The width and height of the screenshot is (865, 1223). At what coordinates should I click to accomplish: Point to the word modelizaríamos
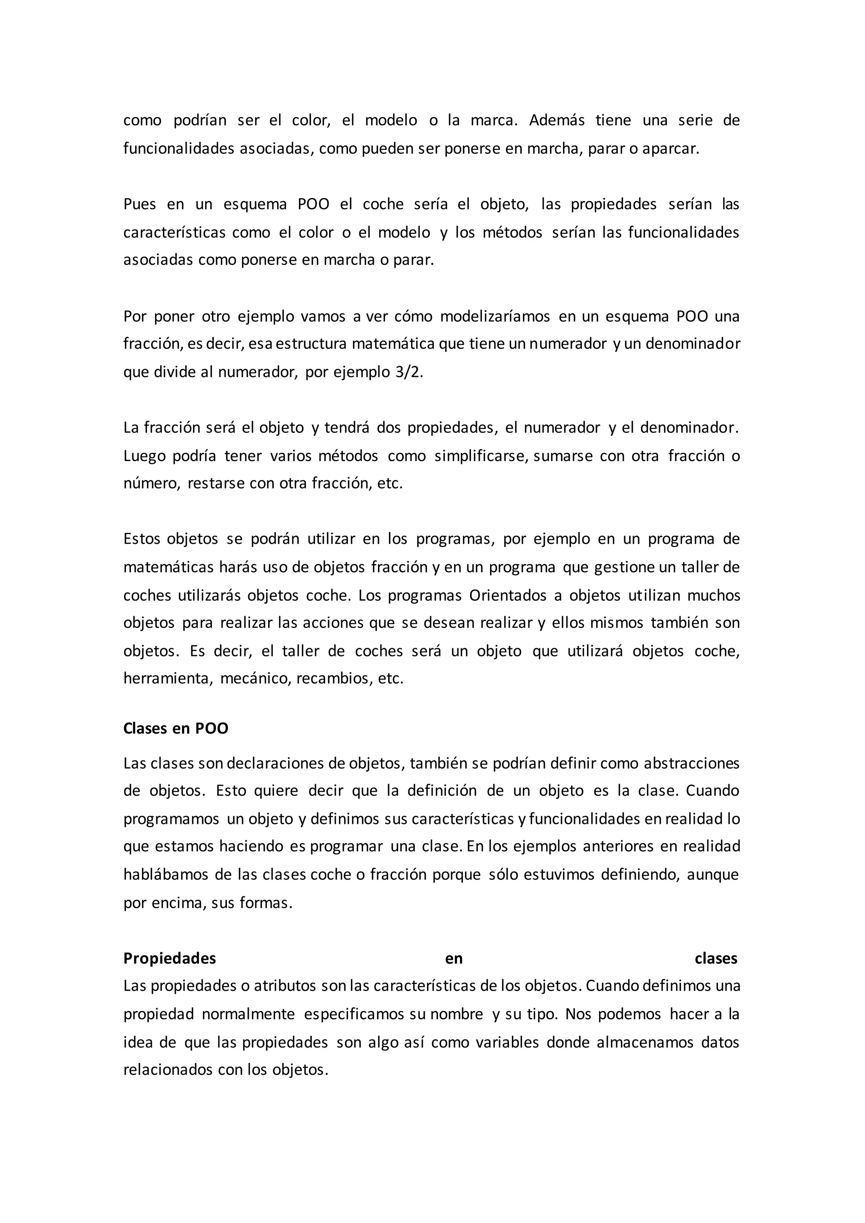(495, 316)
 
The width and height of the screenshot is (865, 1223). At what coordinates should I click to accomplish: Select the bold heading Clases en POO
(176, 728)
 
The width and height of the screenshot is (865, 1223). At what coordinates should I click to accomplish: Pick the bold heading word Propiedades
(169, 959)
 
